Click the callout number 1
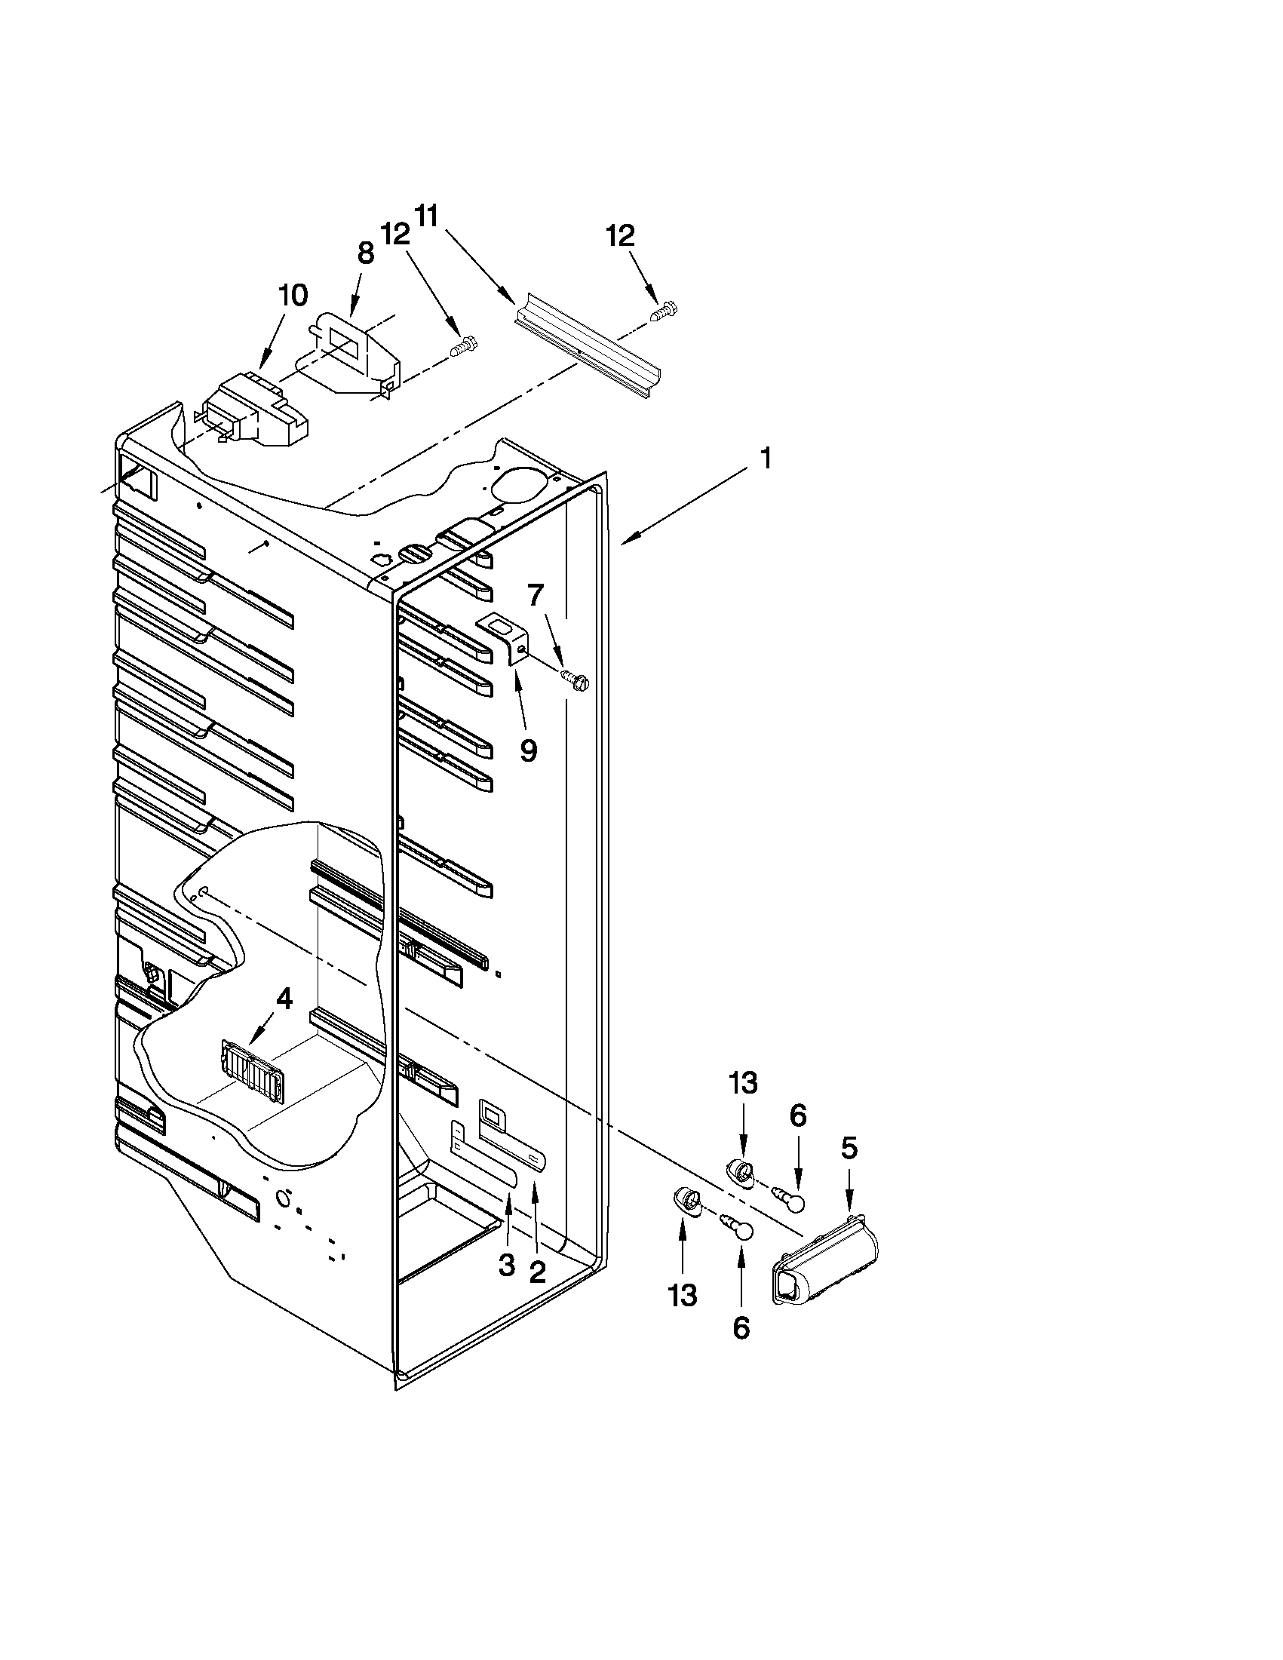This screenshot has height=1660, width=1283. [766, 459]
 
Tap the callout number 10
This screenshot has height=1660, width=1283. [293, 295]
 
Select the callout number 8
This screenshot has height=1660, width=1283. [365, 253]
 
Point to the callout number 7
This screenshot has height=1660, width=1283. [536, 595]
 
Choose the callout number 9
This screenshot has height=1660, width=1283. [528, 750]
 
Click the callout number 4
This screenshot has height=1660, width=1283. [284, 999]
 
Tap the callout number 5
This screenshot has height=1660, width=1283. [849, 1148]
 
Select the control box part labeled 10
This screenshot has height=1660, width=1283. [255, 411]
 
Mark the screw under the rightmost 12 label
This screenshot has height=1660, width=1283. [664, 311]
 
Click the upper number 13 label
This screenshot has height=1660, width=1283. [743, 1082]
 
